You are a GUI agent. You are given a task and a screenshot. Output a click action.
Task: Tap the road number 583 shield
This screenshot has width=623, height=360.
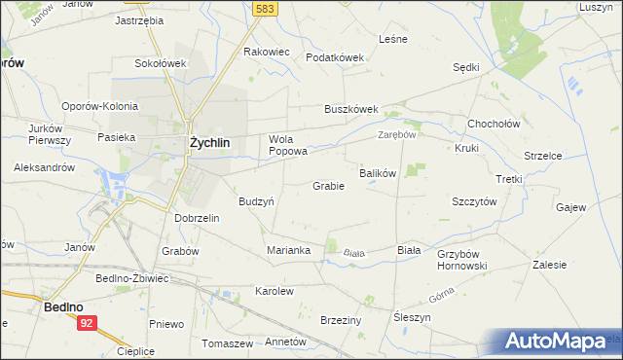click(x=263, y=8)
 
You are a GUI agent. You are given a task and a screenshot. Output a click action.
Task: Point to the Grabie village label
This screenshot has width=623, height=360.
click(x=328, y=186)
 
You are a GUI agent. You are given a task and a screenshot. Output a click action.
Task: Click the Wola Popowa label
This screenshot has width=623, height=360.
click(x=288, y=145)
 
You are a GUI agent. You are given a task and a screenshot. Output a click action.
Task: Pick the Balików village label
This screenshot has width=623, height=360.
click(x=378, y=173)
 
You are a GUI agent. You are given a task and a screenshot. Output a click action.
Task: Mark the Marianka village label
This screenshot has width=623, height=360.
click(x=288, y=250)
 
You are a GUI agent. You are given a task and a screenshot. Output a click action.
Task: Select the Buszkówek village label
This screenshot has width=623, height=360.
click(x=350, y=109)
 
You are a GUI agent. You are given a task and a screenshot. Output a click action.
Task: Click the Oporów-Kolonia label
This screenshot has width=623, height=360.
click(x=97, y=107)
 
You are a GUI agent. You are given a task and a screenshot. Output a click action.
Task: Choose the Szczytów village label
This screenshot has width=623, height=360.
click(x=474, y=201)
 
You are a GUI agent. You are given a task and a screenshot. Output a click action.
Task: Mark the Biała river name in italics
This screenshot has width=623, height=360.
click(x=354, y=253)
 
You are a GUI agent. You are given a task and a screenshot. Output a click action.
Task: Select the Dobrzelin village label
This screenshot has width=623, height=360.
click(x=197, y=218)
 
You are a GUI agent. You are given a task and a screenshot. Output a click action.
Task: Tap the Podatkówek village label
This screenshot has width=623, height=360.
click(x=334, y=57)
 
